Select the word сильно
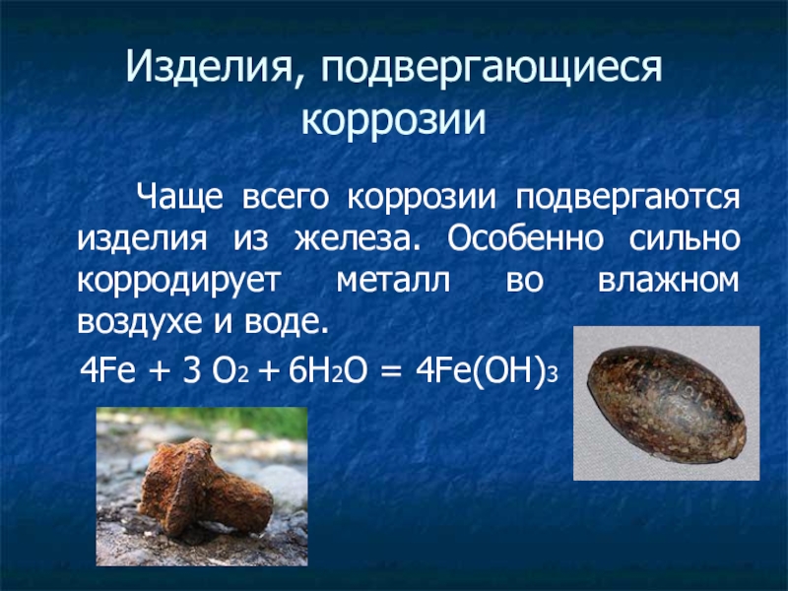coord(679,238)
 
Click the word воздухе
coord(138,323)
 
